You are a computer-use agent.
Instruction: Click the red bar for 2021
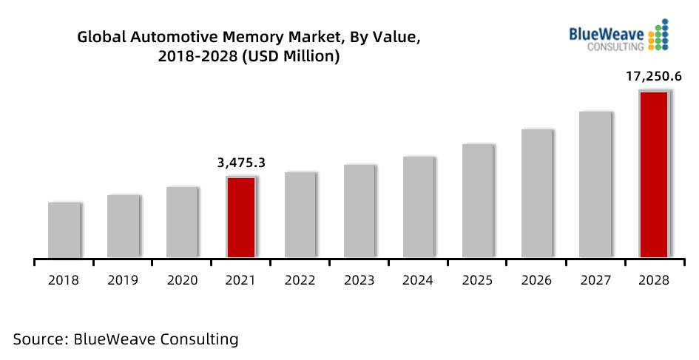pyautogui.click(x=241, y=217)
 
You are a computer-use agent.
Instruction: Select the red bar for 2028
pyautogui.click(x=654, y=174)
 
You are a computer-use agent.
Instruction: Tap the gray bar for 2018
pyautogui.click(x=64, y=230)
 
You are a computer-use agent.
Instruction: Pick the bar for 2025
pyautogui.click(x=478, y=201)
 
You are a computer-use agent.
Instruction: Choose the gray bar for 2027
pyautogui.click(x=595, y=185)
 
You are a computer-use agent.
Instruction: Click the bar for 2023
pyautogui.click(x=359, y=211)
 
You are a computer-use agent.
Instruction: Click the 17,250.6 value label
pyautogui.click(x=655, y=76)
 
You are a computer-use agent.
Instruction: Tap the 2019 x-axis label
pyautogui.click(x=123, y=280)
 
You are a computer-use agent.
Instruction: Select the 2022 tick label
pyautogui.click(x=300, y=280)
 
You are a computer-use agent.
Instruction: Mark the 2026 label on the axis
pyautogui.click(x=537, y=280)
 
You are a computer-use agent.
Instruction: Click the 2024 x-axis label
pyautogui.click(x=419, y=280)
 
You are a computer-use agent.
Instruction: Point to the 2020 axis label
pyautogui.click(x=182, y=280)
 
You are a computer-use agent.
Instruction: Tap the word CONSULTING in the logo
pyautogui.click(x=615, y=47)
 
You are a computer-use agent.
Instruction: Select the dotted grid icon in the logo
pyautogui.click(x=658, y=35)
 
